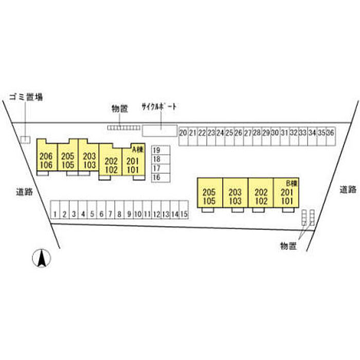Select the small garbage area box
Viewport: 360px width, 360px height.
[25, 139]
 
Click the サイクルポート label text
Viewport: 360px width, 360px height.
[159, 107]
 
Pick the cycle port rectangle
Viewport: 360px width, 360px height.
[159, 131]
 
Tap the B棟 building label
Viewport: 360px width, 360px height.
[292, 183]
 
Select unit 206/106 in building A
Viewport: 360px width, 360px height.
[46, 160]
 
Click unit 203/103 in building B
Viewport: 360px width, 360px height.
[236, 197]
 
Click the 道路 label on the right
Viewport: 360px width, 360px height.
[348, 189]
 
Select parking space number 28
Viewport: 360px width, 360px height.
[257, 133]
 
